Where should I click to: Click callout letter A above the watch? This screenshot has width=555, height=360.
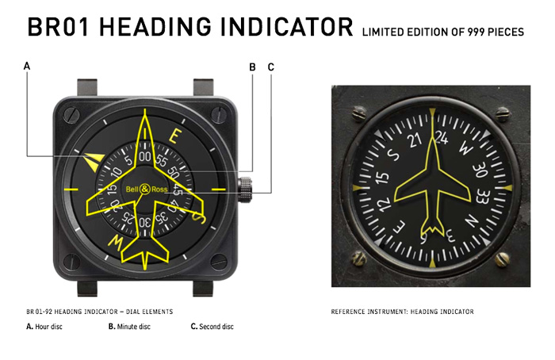click(x=27, y=67)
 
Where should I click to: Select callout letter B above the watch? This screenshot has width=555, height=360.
click(x=252, y=67)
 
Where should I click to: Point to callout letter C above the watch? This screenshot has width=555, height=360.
click(x=270, y=67)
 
